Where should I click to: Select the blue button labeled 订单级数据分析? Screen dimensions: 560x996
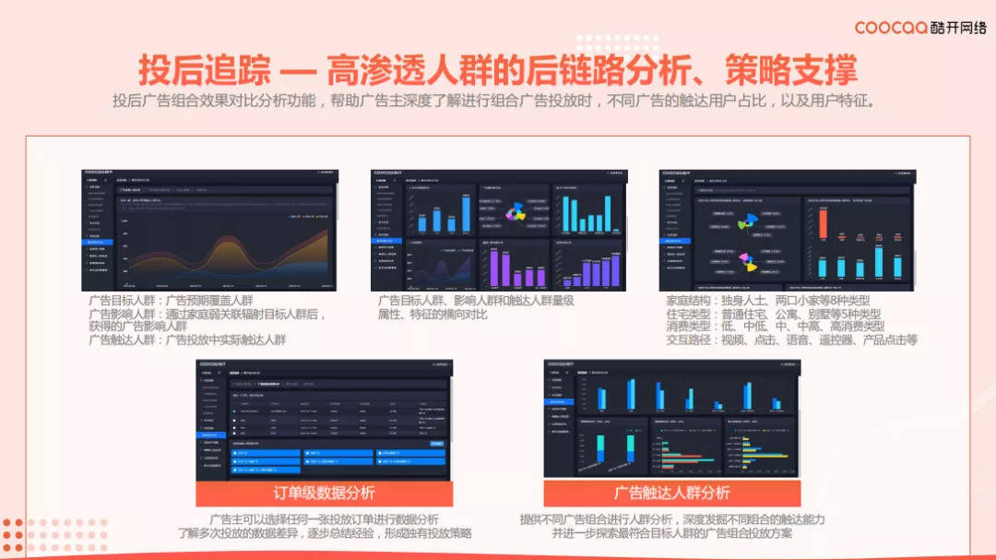[324, 493]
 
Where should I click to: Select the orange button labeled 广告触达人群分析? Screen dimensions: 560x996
[671, 493]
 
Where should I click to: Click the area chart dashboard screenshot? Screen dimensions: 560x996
[208, 230]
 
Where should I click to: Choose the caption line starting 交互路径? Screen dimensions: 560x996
[792, 340]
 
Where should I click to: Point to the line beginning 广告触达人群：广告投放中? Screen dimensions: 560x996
[187, 340]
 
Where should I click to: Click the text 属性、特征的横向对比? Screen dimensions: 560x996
[433, 315]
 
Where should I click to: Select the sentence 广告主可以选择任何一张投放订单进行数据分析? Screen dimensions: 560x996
[324, 519]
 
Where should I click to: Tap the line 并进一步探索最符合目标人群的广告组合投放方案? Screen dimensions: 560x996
[671, 533]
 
